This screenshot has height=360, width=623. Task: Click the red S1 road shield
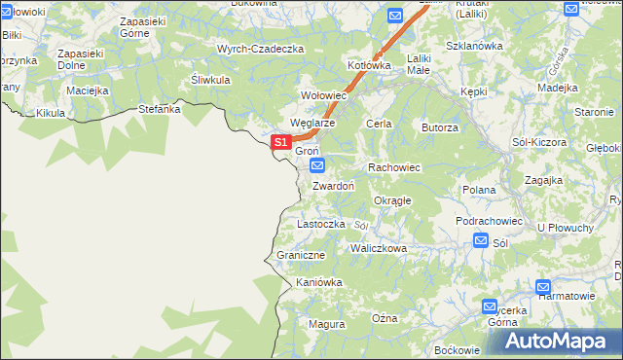280,142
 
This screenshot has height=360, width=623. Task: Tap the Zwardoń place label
333,186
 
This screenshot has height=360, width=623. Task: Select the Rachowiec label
393,167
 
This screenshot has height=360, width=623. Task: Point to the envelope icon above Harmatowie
543,288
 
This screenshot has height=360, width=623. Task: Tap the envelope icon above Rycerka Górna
491,306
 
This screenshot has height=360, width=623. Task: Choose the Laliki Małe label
419,63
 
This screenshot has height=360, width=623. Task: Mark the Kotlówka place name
369,65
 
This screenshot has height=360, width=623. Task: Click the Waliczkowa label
379,248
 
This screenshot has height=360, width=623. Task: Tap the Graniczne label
300,255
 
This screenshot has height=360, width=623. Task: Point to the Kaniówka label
320,282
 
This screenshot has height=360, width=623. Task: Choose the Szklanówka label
473,45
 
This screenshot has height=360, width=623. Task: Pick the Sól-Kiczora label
539,142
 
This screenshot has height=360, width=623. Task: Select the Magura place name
326,323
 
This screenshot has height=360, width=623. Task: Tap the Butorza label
439,127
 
